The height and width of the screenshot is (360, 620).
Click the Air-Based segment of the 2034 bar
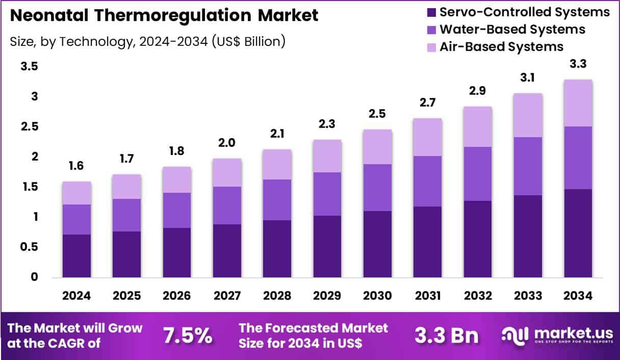click(578, 103)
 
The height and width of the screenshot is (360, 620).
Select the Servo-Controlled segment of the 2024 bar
click(76, 256)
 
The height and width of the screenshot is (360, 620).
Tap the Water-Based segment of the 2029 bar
click(327, 194)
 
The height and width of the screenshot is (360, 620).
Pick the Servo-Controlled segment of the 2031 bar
click(427, 242)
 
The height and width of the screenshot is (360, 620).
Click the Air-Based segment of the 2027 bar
click(227, 172)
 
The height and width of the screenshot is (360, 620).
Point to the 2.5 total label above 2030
click(377, 114)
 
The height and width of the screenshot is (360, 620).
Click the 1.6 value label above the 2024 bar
click(76, 166)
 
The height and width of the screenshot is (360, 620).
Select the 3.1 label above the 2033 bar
click(528, 78)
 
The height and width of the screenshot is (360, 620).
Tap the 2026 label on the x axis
click(177, 296)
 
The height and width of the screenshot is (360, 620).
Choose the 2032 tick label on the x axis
click(478, 296)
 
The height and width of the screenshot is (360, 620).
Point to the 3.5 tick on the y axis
click(30, 66)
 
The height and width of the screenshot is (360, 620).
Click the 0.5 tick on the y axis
click(30, 247)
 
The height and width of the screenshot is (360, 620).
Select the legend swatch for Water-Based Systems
click(430, 29)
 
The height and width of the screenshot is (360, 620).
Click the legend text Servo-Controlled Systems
click(524, 12)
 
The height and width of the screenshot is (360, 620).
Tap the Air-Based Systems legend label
click(501, 46)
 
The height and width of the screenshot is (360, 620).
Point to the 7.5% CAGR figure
click(187, 335)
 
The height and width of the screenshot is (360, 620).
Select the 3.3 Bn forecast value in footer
click(447, 335)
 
